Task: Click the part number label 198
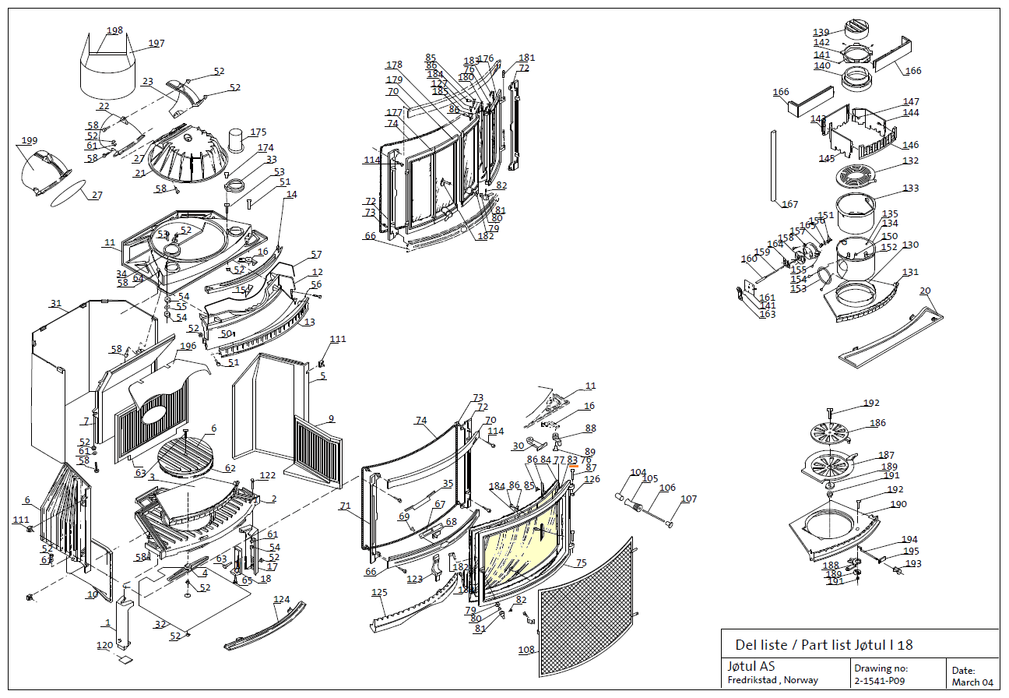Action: coord(114,31)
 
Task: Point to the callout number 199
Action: coord(29,141)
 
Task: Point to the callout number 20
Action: coord(925,291)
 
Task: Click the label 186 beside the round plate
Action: coord(877,423)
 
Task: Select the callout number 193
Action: coord(912,564)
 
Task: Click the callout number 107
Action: coord(688,499)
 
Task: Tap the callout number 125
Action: coord(379,593)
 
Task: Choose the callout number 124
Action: coord(281,600)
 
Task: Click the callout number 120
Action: coord(104,646)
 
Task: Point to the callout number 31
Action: coord(55,304)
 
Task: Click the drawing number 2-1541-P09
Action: coord(879,681)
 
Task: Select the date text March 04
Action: coord(972,682)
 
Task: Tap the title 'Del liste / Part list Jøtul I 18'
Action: coord(824,645)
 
